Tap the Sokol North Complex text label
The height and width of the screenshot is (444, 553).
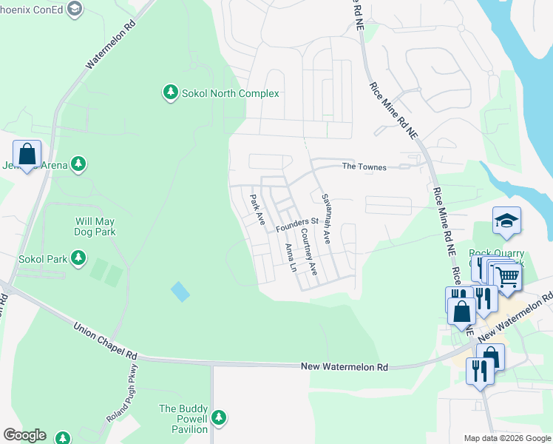[x=231, y=93]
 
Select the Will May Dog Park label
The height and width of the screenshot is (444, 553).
[x=96, y=226]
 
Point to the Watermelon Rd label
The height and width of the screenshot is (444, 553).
[x=112, y=44]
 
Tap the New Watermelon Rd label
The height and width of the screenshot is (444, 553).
[x=345, y=367]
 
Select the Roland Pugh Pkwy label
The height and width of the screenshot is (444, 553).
[x=122, y=394]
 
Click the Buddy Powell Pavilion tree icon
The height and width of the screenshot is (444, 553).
[x=218, y=418]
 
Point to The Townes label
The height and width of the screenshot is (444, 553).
[x=364, y=167]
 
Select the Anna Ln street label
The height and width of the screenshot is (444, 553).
[x=290, y=257]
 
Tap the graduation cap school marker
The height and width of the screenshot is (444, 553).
[x=507, y=221]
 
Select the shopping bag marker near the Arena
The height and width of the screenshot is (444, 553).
[x=27, y=155]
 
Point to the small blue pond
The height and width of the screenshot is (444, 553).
[x=180, y=292]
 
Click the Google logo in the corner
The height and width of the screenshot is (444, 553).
[x=24, y=435]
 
